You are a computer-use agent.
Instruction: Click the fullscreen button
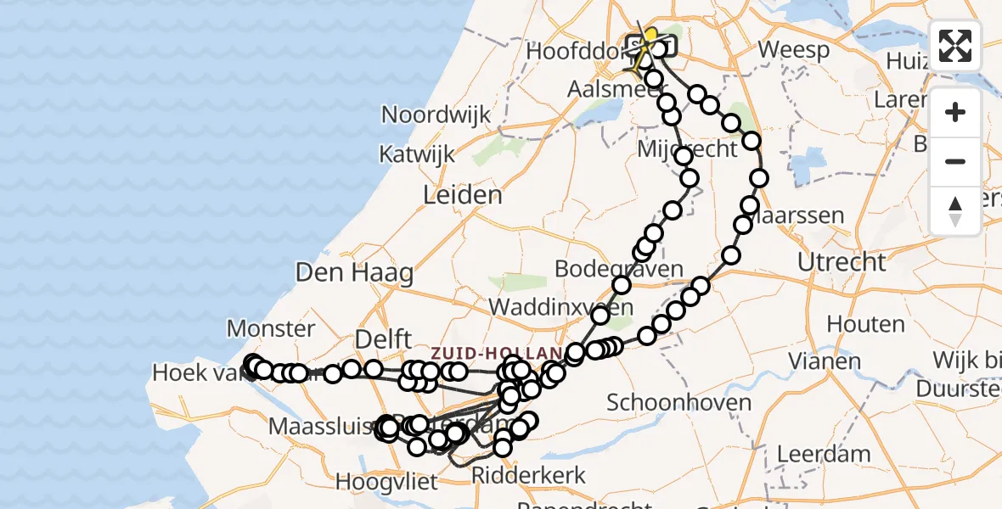tap(955, 46)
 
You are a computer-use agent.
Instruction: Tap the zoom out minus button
tap(955, 161)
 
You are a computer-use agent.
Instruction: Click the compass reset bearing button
tap(955, 210)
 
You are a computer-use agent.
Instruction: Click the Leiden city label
tap(463, 196)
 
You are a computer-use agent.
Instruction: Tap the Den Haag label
tap(354, 273)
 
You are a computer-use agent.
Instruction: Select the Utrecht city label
tap(842, 262)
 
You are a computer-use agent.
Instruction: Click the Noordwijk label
tap(436, 115)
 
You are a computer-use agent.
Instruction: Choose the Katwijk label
tap(418, 155)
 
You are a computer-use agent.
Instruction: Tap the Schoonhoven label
tap(679, 402)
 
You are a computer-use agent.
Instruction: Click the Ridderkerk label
tap(529, 474)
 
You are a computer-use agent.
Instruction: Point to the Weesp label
tap(794, 49)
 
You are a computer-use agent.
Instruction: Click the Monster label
tap(271, 328)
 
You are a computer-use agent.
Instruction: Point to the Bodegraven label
tap(618, 269)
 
